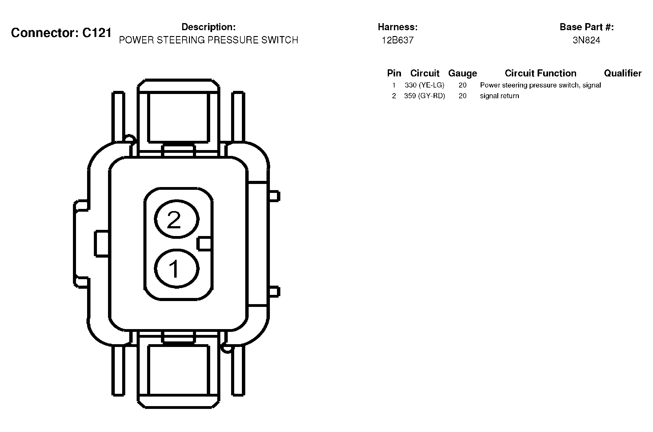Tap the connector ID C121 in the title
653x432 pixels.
coord(97,33)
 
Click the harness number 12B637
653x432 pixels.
coord(398,40)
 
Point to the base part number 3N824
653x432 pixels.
coord(586,40)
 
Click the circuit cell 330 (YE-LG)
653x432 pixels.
coord(424,85)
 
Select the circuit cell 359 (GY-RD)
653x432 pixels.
coord(424,96)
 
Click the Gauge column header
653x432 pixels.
coord(463,73)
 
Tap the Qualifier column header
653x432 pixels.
coord(623,73)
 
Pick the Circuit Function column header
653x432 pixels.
coord(540,73)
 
